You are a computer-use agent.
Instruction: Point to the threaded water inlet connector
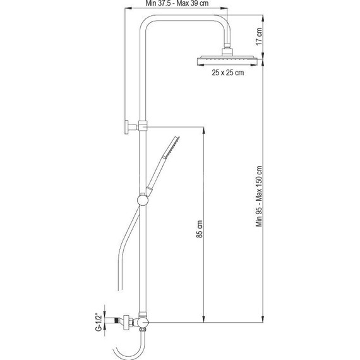(114, 321)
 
